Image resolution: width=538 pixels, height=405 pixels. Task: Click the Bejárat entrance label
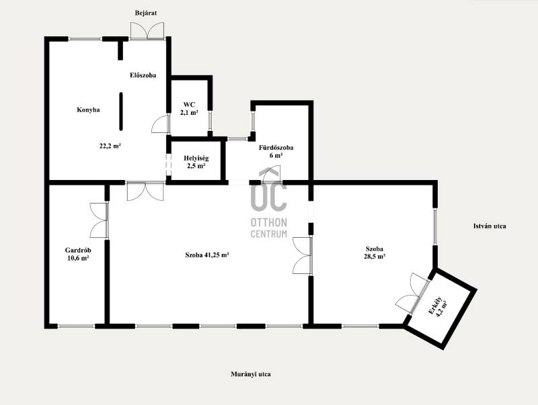(146, 13)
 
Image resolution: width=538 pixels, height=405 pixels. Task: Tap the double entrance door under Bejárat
(147, 31)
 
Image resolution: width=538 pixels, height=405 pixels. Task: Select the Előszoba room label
(143, 75)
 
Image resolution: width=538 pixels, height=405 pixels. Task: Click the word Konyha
(88, 110)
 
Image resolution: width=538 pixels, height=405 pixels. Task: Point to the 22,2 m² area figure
(110, 146)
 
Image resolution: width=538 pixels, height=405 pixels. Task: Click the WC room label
(189, 105)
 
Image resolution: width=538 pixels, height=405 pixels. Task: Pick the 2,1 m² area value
(189, 112)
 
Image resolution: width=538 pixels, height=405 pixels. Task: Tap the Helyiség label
(196, 159)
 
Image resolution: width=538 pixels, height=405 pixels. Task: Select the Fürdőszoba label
(276, 148)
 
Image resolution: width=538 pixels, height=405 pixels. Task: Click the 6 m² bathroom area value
(276, 155)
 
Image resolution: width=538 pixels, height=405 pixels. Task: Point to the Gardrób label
(78, 251)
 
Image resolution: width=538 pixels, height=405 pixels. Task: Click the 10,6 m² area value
(78, 258)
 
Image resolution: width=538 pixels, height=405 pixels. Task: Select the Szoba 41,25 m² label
(207, 255)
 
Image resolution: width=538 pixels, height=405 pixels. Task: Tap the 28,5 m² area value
(375, 257)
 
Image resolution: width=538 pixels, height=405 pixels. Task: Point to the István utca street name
(490, 226)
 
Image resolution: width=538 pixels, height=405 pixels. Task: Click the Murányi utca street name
(250, 374)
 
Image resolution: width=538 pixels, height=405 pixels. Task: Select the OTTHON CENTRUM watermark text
(268, 228)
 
